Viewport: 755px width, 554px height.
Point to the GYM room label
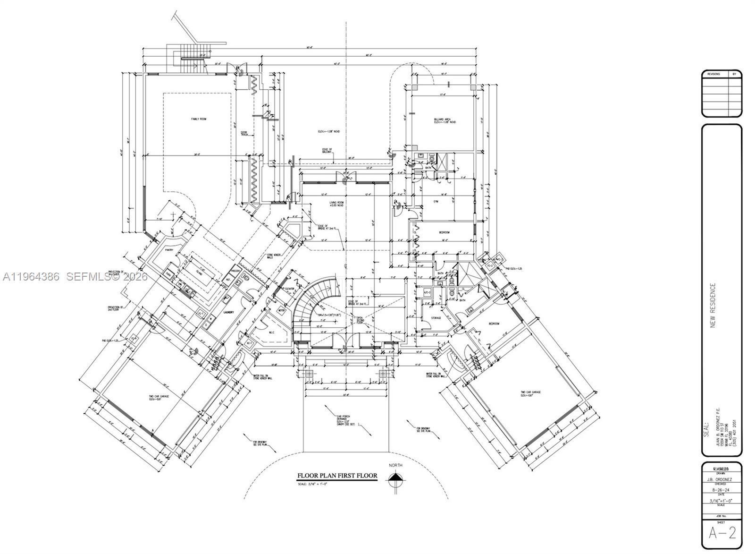[x=436, y=201]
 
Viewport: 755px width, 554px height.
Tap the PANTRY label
[x=170, y=250]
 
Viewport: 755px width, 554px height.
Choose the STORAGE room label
[x=436, y=318]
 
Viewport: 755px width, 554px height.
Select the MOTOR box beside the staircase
[x=282, y=310]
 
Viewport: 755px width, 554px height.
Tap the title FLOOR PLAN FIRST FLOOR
[x=337, y=476]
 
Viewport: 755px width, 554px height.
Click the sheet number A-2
[x=722, y=533]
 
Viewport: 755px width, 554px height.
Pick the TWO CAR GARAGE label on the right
[x=530, y=393]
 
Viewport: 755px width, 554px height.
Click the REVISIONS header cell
[x=714, y=74]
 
